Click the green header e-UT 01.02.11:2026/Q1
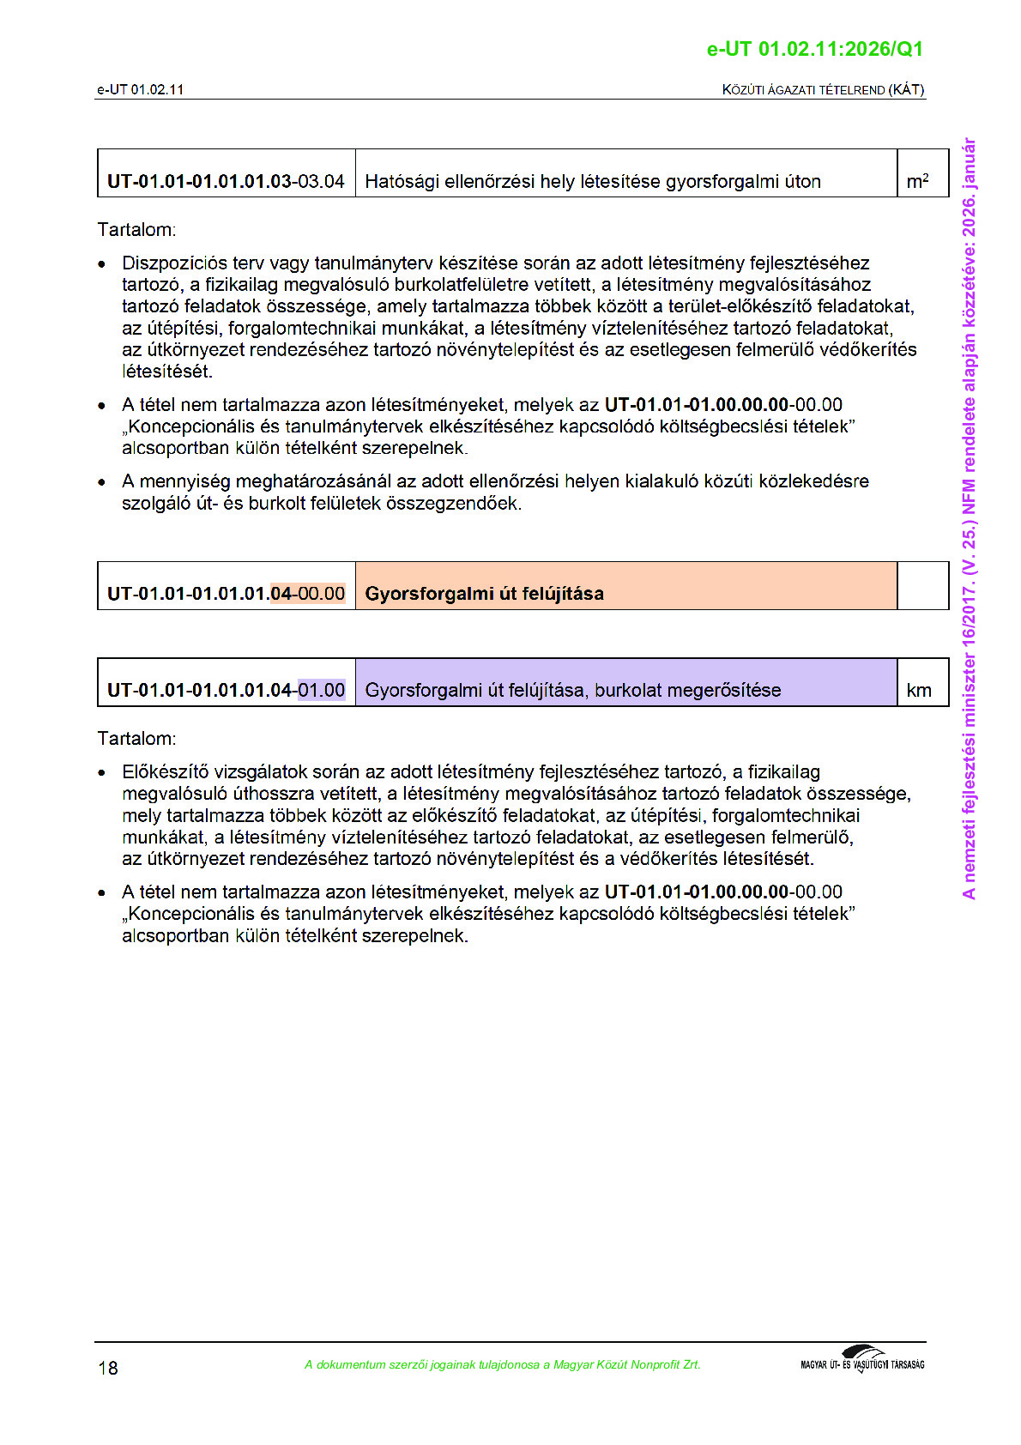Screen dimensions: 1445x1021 (x=814, y=49)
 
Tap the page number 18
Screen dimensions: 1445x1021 (x=108, y=1368)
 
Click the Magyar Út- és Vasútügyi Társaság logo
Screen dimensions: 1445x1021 (x=862, y=1360)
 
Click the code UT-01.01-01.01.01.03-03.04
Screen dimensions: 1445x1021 (x=226, y=181)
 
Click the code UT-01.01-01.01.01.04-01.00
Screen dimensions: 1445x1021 (x=226, y=690)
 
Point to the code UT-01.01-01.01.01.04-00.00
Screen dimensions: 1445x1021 (x=226, y=593)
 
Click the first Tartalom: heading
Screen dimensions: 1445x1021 (x=136, y=230)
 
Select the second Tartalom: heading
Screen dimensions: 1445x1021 (x=136, y=739)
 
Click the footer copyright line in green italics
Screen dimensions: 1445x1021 (x=502, y=1364)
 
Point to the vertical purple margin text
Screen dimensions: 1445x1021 (x=970, y=518)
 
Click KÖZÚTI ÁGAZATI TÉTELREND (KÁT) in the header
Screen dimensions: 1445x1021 (x=823, y=90)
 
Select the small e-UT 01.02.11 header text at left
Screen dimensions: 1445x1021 (x=140, y=90)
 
